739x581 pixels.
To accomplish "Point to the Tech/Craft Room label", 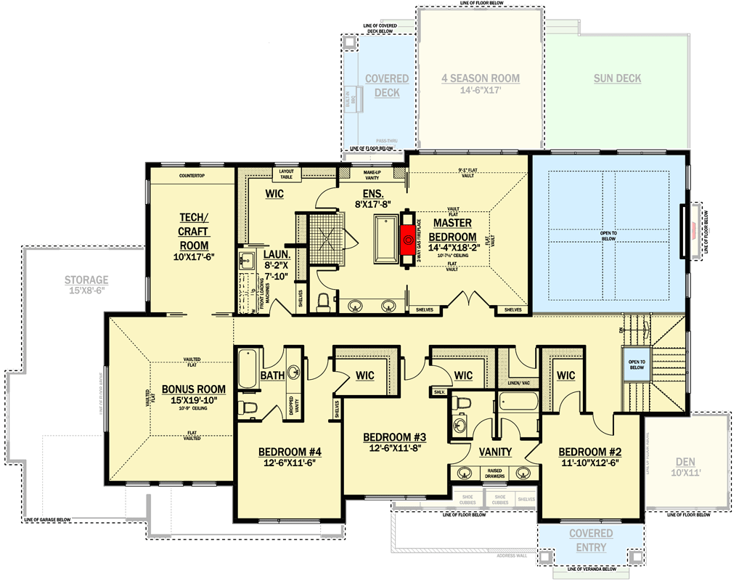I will click(194, 232).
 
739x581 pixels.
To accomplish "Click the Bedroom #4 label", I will click(290, 452).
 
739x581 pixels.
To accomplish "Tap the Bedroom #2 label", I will click(590, 451).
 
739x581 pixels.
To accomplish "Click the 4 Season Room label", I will click(481, 78).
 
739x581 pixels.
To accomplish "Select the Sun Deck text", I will click(617, 78).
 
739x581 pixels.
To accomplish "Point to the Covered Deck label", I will click(386, 86).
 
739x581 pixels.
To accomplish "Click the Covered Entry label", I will click(590, 540).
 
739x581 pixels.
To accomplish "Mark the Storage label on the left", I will click(86, 280).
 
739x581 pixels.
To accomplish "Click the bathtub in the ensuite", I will click(384, 238).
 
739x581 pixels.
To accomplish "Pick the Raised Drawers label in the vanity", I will click(495, 474).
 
